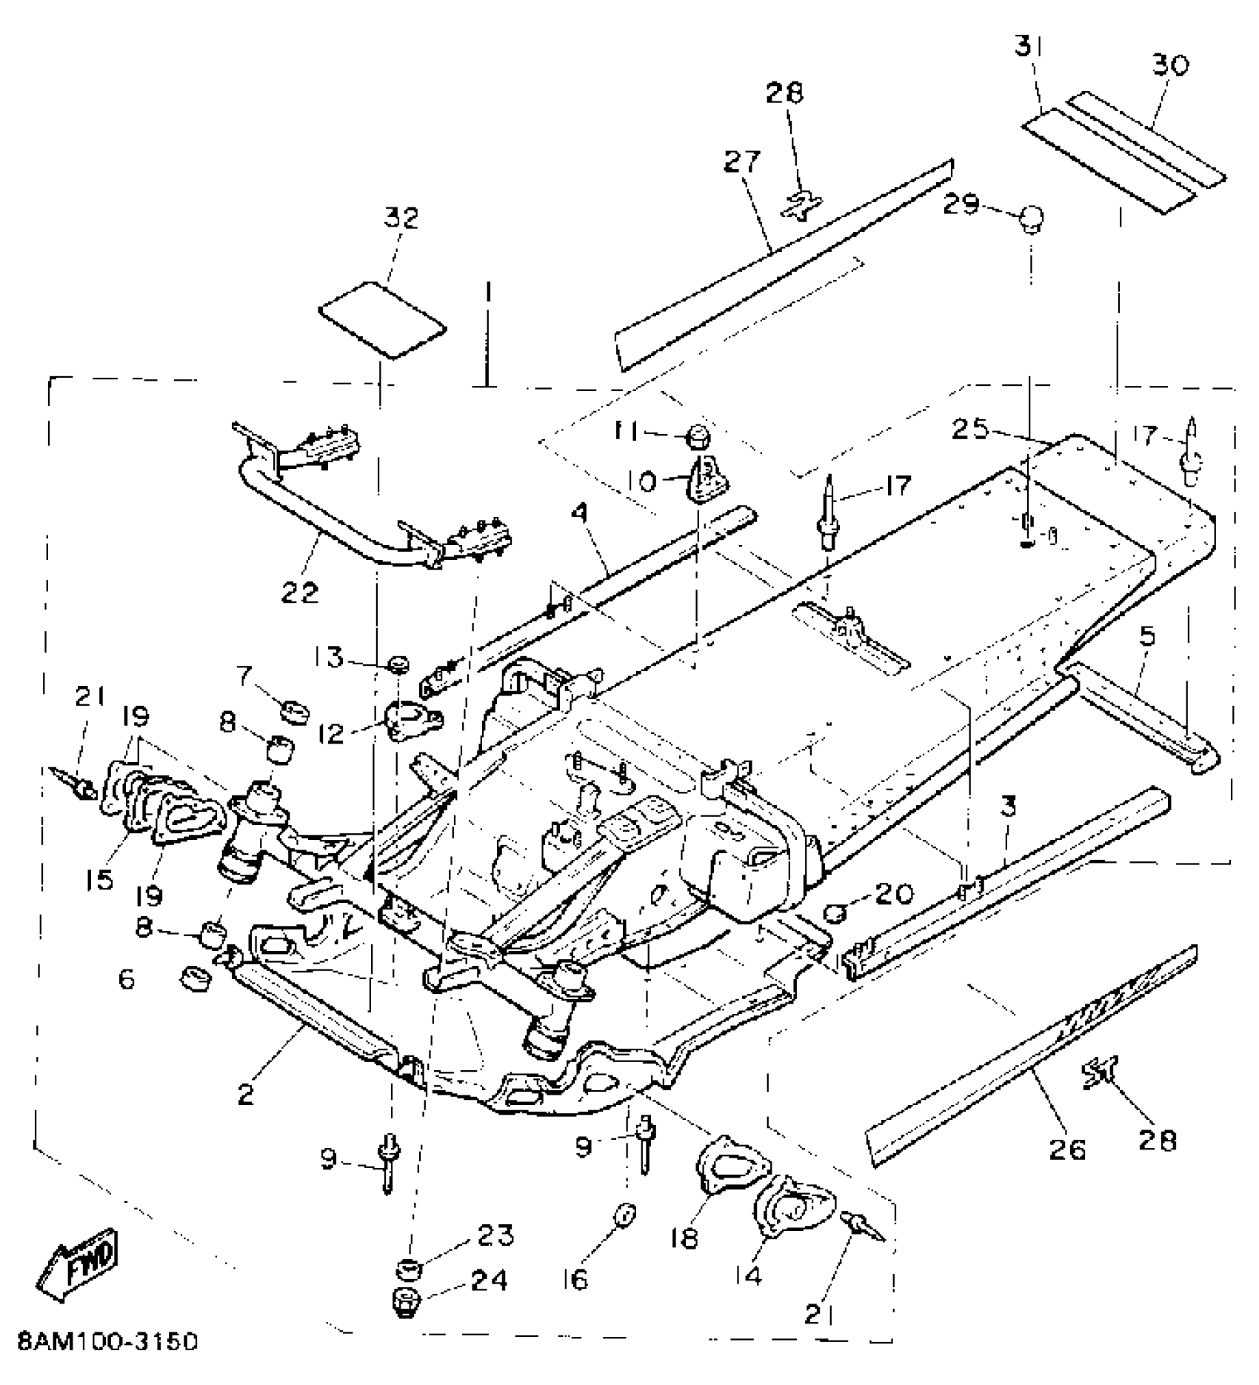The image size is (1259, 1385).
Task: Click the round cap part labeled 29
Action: pyautogui.click(x=1031, y=220)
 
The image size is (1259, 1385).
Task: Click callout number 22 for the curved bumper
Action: pyautogui.click(x=299, y=593)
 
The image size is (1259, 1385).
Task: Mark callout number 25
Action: pyautogui.click(x=972, y=430)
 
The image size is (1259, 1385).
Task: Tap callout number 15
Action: pyautogui.click(x=99, y=879)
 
